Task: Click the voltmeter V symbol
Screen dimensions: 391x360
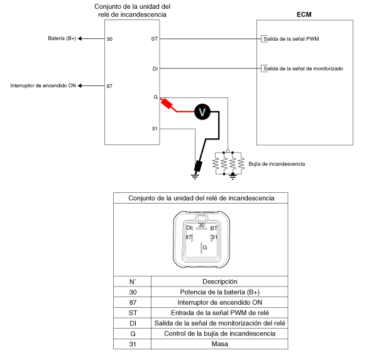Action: pyautogui.click(x=202, y=112)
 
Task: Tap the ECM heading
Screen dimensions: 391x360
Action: pyautogui.click(x=304, y=14)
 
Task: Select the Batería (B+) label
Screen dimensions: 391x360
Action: pyautogui.click(x=62, y=38)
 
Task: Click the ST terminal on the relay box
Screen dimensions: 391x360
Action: pyautogui.click(x=155, y=39)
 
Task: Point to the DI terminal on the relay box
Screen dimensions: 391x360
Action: pyautogui.click(x=155, y=68)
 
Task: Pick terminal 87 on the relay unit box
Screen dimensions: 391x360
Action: pyautogui.click(x=109, y=86)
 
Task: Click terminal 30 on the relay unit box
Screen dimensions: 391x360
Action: pyautogui.click(x=109, y=39)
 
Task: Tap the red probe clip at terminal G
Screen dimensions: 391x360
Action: pyautogui.click(x=167, y=104)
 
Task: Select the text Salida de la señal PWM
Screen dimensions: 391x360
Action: pyautogui.click(x=291, y=39)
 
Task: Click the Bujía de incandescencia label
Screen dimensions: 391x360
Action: pyautogui.click(x=277, y=164)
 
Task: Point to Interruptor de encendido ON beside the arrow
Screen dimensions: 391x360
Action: pyautogui.click(x=43, y=85)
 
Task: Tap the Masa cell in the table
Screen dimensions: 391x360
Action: pyautogui.click(x=219, y=344)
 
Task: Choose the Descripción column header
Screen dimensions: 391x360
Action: pyautogui.click(x=219, y=281)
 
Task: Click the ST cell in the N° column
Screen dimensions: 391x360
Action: pyautogui.click(x=133, y=313)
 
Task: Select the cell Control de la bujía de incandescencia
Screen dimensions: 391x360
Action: pyautogui.click(x=219, y=334)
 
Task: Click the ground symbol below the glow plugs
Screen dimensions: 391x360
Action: pyautogui.click(x=233, y=177)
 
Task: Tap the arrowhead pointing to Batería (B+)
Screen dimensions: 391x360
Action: pyautogui.click(x=80, y=39)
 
